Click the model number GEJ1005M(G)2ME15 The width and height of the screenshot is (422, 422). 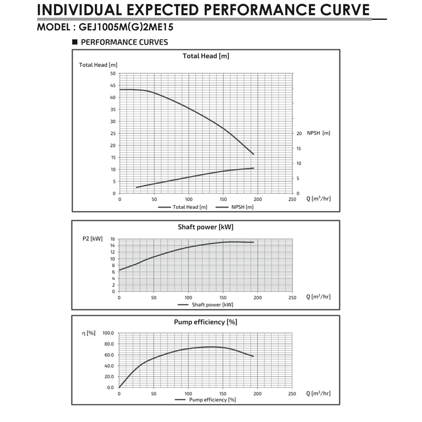[126, 27]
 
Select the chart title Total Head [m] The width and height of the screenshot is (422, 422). [206, 56]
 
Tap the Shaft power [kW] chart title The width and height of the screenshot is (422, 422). [206, 227]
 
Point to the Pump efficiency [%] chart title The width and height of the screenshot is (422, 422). [206, 322]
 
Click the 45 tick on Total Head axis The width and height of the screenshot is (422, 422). [113, 85]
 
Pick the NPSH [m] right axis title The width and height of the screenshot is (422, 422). [319, 133]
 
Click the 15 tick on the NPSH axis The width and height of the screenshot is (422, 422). [299, 149]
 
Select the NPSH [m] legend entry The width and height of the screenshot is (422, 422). [235, 207]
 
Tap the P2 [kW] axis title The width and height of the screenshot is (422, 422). [92, 239]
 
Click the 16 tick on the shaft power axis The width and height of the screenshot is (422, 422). [113, 239]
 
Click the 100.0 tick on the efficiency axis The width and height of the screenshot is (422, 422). [108, 333]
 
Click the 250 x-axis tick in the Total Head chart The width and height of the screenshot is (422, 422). [292, 199]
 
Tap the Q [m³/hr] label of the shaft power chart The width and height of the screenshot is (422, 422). [319, 297]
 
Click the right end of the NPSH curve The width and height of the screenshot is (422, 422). [254, 168]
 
